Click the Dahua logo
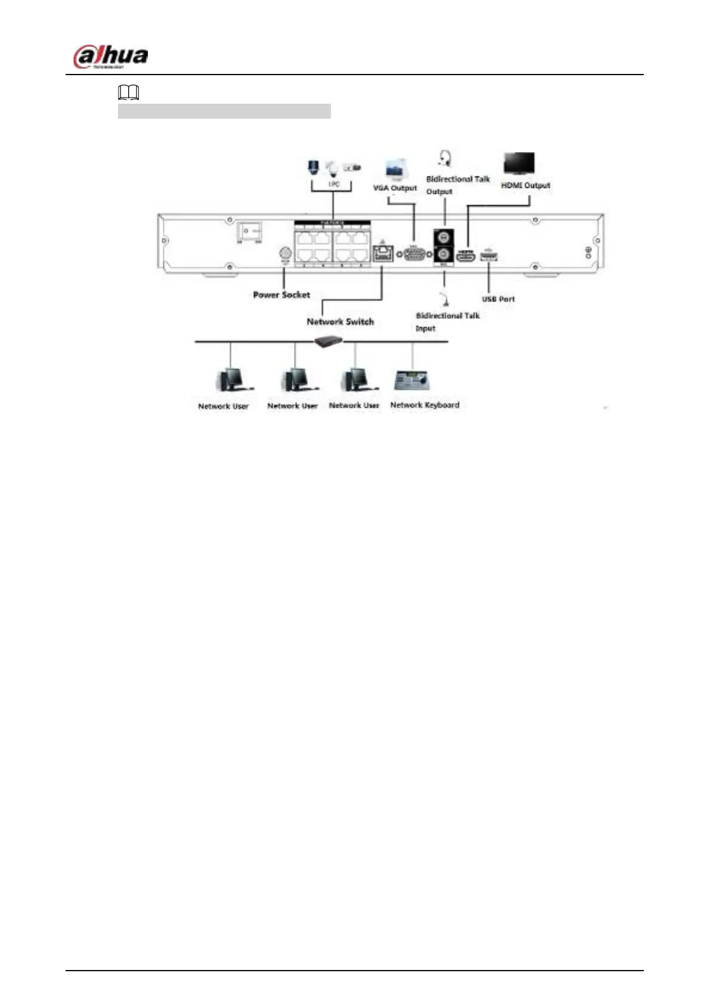(110, 57)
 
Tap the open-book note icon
(129, 92)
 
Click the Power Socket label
(281, 295)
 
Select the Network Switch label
(340, 321)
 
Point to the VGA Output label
(395, 188)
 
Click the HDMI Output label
(525, 185)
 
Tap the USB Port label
(498, 299)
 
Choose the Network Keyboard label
(424, 405)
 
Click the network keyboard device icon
(413, 380)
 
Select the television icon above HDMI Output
(519, 164)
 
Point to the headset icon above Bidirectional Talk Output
(444, 159)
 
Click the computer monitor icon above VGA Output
(396, 169)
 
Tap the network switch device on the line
(329, 341)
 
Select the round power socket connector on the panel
(285, 253)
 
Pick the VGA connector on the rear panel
(414, 254)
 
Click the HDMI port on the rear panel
(465, 258)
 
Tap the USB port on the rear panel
(489, 257)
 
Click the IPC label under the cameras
(334, 184)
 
